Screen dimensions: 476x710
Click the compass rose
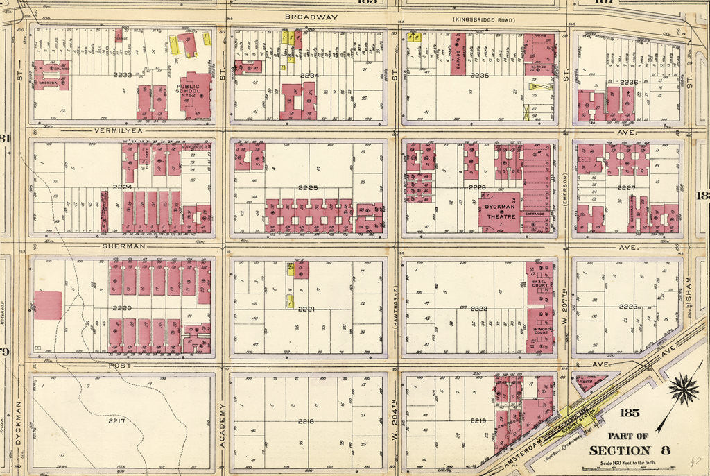684,390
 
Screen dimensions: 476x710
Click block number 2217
116,420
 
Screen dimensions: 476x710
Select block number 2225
308,188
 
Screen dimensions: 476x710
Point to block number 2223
627,306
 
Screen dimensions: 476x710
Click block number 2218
306,421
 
